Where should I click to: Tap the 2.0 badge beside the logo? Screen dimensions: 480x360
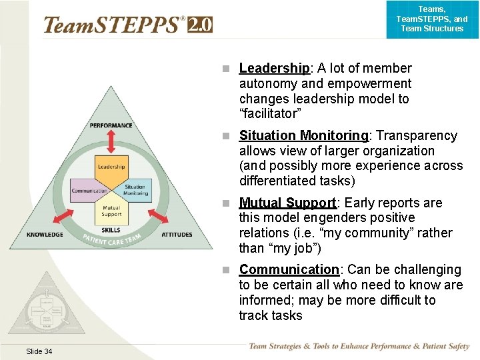200,25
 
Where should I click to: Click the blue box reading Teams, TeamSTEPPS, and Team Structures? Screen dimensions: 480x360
431,19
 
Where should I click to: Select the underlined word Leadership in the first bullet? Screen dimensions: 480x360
274,68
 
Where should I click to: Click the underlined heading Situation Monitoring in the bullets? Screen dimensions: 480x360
303,136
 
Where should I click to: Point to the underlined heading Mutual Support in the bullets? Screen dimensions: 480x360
287,203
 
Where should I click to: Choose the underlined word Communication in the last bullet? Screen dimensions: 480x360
289,270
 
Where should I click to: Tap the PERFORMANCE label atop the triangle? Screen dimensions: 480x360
111,125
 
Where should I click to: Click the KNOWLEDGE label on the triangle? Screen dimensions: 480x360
45,235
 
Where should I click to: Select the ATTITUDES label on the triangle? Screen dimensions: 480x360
177,235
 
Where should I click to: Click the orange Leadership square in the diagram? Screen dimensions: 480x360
111,167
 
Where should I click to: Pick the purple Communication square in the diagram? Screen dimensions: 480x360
89,191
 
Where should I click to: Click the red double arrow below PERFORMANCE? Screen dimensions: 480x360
111,143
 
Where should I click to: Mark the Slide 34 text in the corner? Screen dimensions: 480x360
39,351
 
